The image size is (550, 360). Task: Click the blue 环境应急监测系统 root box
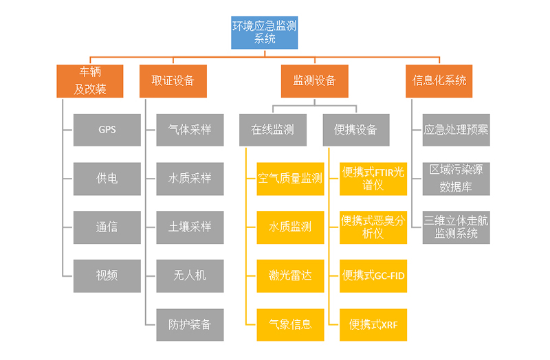tap(265, 32)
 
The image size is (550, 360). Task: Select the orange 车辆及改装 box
tap(90, 80)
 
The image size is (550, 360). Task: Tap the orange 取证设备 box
tap(173, 80)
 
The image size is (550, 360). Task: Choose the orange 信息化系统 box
tap(439, 80)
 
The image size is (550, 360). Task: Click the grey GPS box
tap(107, 129)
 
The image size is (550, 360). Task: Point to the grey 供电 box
tap(107, 178)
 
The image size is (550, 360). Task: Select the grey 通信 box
tap(107, 227)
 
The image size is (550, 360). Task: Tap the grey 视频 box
tap(107, 275)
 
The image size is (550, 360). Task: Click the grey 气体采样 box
tap(190, 129)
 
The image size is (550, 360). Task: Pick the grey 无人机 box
tap(190, 275)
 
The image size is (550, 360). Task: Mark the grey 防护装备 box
tap(190, 324)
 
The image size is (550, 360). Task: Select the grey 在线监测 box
tap(273, 129)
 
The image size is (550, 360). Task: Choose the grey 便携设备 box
tap(356, 129)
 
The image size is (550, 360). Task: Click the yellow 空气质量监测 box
tap(290, 178)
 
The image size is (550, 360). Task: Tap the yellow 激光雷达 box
tap(290, 275)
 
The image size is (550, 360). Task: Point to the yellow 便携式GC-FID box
tap(373, 275)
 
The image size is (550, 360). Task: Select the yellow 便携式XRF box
tap(373, 324)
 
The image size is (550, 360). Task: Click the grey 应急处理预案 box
tap(456, 129)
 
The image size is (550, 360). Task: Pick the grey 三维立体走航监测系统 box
tap(456, 227)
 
